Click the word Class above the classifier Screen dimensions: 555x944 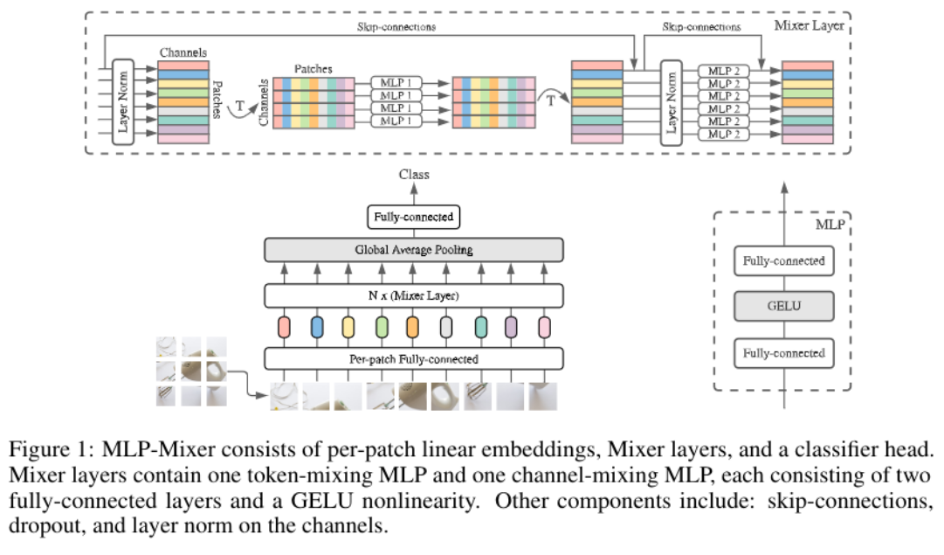[x=414, y=175]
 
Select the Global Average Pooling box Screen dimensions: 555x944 [x=414, y=250]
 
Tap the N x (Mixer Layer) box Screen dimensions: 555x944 [x=414, y=295]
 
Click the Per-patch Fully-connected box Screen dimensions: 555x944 [x=414, y=358]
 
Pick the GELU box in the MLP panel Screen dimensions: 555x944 [x=782, y=307]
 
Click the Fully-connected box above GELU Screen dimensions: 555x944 [x=782, y=260]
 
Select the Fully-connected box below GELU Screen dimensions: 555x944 [x=782, y=353]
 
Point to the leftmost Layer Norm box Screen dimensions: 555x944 [x=122, y=101]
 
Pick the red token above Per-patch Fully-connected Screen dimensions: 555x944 [x=283, y=327]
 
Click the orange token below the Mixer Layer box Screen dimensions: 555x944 [x=413, y=327]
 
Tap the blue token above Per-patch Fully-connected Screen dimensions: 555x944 [x=315, y=327]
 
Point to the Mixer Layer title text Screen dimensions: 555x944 [x=809, y=25]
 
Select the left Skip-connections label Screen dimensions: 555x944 [x=396, y=27]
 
